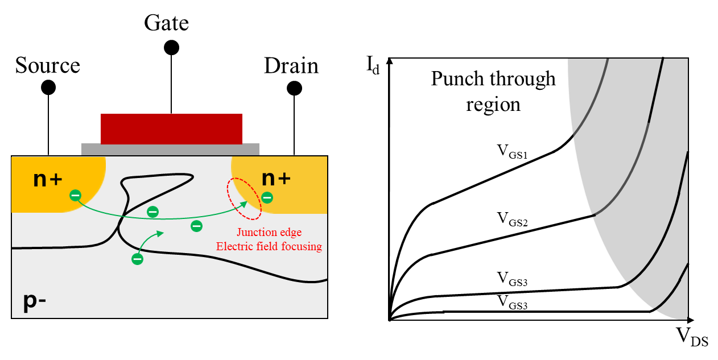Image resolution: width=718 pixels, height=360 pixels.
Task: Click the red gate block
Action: coord(171,129)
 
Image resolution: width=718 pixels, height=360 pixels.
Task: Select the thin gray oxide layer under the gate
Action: coord(170,150)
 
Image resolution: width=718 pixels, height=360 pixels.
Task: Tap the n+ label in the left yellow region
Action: coord(48,179)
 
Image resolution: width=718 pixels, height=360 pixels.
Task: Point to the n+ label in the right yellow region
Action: coord(276,178)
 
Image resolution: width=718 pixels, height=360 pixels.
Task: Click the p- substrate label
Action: coord(34,300)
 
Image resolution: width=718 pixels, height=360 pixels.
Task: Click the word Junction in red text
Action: coord(257,232)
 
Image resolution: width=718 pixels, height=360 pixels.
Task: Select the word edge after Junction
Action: coord(291,232)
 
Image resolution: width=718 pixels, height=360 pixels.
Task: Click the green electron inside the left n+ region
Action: coord(75,196)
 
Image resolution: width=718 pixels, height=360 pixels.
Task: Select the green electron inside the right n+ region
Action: coord(267,198)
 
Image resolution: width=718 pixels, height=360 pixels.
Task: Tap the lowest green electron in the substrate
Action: coord(137,259)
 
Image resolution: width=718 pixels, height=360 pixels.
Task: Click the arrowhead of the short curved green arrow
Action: coord(161,232)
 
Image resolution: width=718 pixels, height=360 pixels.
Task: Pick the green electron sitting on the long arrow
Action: coord(152,212)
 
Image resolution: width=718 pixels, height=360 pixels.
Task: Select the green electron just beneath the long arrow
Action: coord(196,226)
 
